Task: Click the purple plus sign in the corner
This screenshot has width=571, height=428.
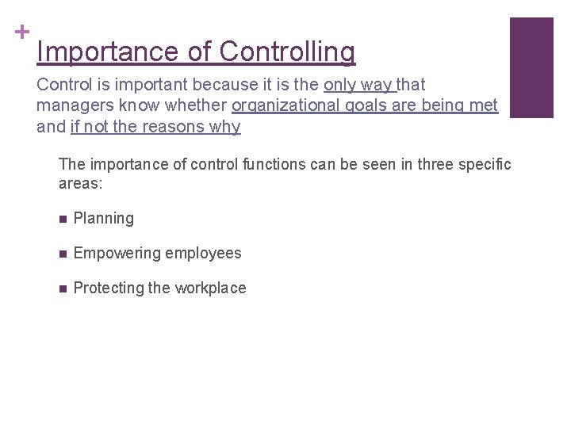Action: [x=21, y=32]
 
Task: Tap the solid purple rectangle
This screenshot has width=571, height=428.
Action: [x=531, y=67]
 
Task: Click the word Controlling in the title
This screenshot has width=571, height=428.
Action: [x=287, y=52]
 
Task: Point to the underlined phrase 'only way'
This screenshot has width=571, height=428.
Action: [x=358, y=85]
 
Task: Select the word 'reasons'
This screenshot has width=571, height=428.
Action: [x=171, y=126]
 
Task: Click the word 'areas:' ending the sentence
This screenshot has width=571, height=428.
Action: [x=81, y=184]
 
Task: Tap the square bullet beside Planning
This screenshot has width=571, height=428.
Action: [x=63, y=219]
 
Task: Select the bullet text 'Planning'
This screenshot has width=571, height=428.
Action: [x=103, y=219]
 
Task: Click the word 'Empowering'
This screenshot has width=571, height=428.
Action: [x=117, y=254]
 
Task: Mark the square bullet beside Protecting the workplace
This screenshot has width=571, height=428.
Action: [x=63, y=289]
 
